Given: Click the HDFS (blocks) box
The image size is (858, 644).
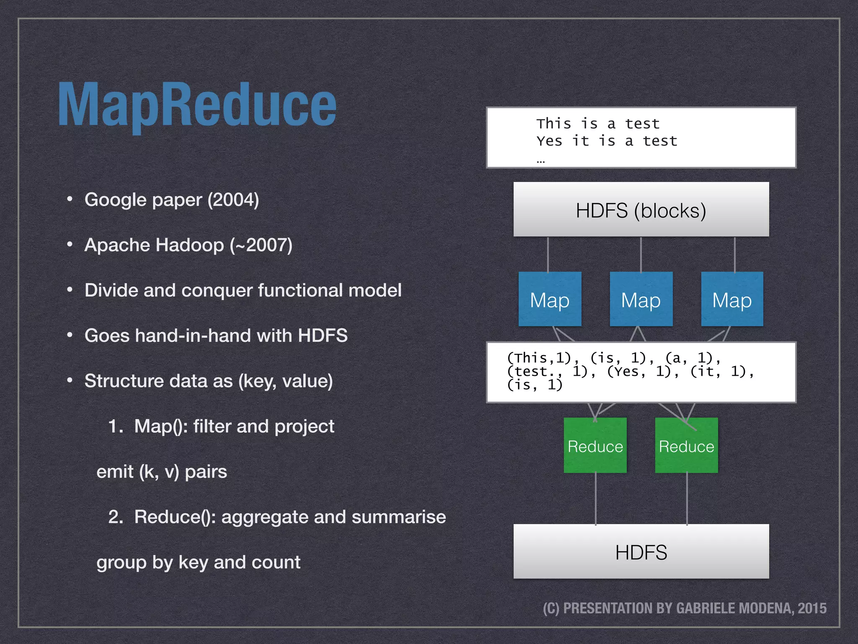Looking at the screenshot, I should click(641, 210).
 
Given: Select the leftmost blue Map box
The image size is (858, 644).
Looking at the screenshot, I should click(550, 299).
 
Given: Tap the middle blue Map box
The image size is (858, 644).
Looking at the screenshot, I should click(641, 299).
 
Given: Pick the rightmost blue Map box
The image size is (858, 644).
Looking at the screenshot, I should click(732, 299).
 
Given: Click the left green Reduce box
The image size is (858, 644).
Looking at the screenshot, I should click(595, 446).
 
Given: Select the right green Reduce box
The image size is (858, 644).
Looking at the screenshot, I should click(686, 446).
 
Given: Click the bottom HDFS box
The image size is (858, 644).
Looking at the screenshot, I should click(641, 552).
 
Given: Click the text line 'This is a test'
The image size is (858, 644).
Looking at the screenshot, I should click(598, 124).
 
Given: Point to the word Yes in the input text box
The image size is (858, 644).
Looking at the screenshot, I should click(549, 141).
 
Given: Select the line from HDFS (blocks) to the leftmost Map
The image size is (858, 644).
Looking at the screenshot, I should click(548, 254).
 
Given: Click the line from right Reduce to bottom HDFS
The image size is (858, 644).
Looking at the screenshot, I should click(687, 499).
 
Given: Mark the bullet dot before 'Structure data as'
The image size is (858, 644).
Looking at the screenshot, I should click(70, 380).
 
